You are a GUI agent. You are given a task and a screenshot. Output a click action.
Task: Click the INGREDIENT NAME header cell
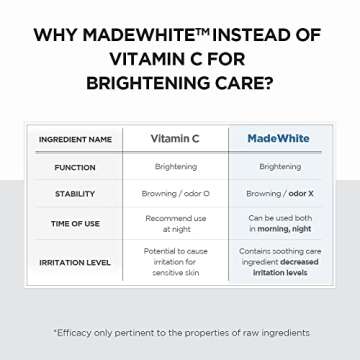tap(75, 138)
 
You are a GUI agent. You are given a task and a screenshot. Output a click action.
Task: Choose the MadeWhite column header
tap(278, 138)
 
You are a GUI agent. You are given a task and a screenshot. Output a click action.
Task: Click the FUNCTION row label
tap(75, 167)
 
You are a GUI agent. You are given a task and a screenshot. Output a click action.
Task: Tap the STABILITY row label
tap(75, 193)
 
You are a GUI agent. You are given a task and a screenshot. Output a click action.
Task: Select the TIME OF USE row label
tap(75, 223)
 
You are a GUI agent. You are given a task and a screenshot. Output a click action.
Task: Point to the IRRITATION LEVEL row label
tap(75, 261)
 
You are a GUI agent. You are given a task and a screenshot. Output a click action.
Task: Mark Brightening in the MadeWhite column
tap(279, 167)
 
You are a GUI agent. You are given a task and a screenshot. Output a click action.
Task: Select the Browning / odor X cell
tap(279, 193)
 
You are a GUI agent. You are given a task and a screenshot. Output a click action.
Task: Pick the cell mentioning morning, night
tap(279, 223)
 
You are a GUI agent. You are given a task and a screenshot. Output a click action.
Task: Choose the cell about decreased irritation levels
tap(279, 261)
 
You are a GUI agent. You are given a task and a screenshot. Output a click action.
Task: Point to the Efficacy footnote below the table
tap(181, 332)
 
